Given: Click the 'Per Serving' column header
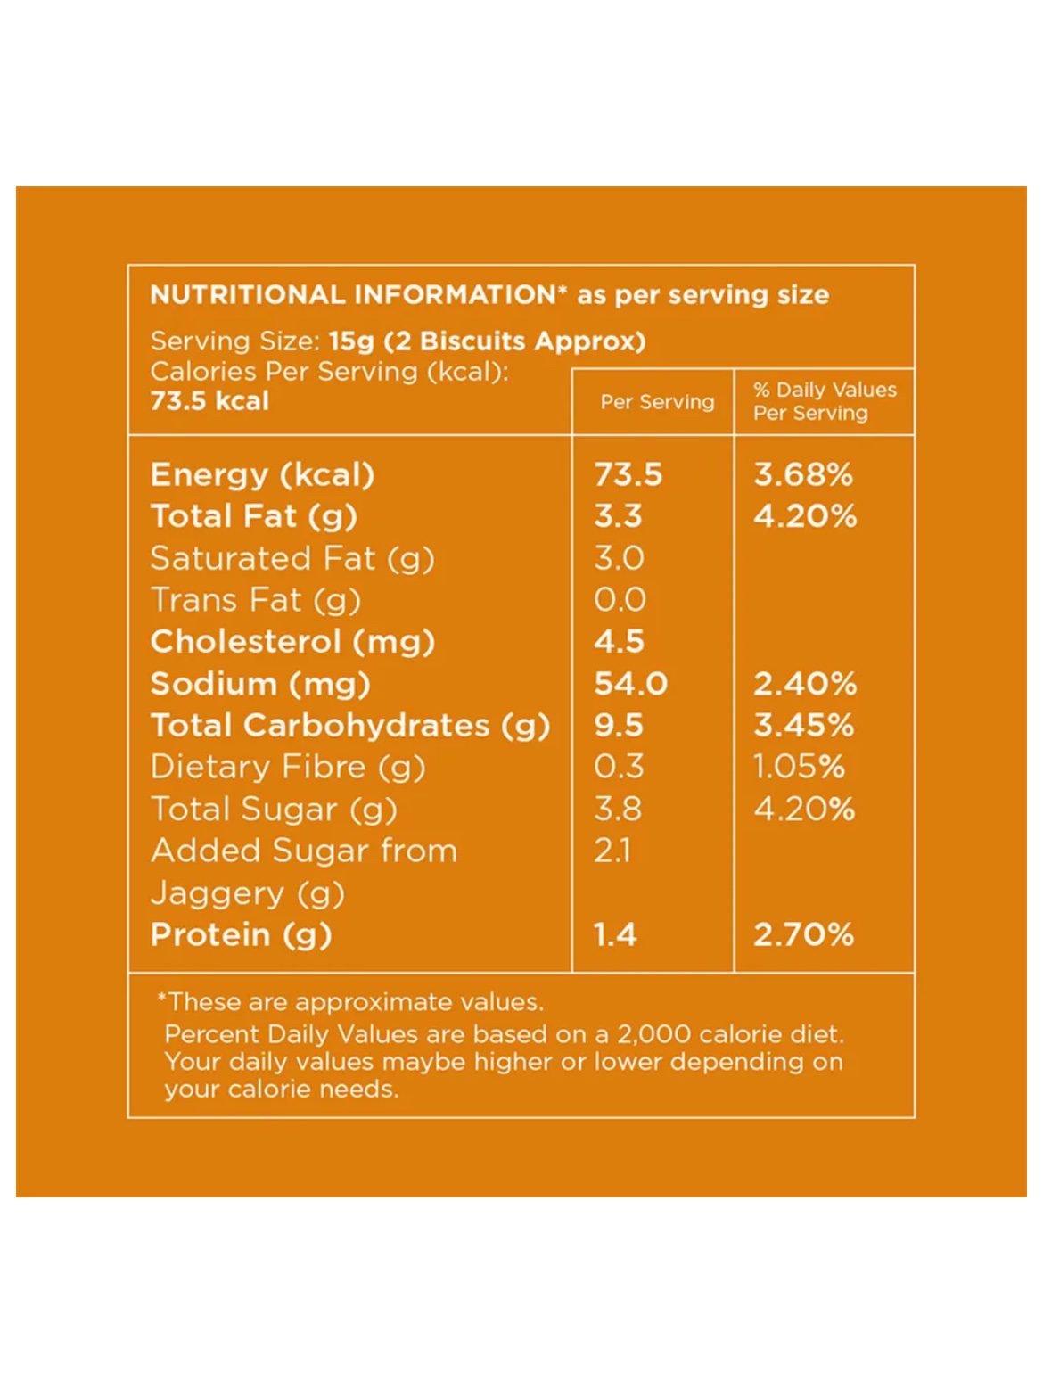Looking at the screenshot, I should point(657,402).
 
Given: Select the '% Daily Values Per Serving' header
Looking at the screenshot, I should point(825,401).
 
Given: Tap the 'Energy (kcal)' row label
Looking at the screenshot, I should point(262,474).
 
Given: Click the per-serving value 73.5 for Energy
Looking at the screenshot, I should point(628,474).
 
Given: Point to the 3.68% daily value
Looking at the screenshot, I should point(803,474).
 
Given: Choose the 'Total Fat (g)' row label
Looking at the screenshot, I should point(254,516).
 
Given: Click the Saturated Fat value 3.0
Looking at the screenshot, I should point(619,558).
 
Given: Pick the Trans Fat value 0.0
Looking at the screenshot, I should point(620,600).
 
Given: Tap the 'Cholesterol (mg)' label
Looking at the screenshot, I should point(292,642).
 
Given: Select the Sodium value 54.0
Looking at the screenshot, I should point(630,684).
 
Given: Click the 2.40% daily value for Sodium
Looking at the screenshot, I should point(805,684).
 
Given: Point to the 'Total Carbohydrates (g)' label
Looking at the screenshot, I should point(349,726).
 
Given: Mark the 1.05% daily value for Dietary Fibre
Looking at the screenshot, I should point(799,767).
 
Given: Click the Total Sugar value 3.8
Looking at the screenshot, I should point(618,809).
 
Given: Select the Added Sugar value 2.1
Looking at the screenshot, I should point(612,851).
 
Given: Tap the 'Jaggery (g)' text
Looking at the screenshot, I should point(248,892).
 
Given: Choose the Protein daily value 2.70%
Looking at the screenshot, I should point(803,934).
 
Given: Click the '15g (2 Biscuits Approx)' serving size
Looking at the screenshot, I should point(487,341).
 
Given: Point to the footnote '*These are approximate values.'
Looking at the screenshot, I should point(350,1002).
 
